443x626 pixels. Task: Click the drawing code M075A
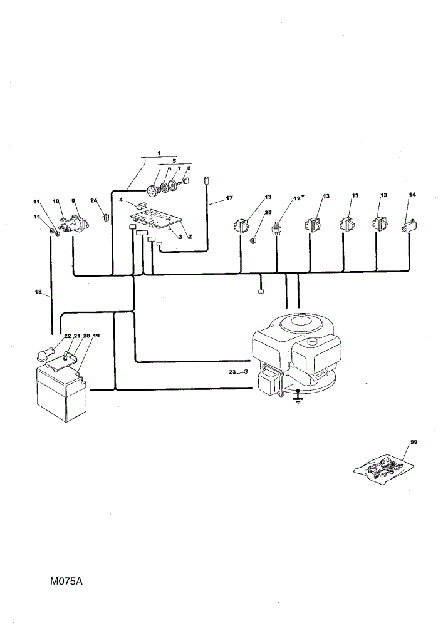click(x=66, y=581)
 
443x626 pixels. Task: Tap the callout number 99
click(x=414, y=443)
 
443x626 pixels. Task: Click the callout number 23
click(x=232, y=372)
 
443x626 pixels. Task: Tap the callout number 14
click(x=413, y=195)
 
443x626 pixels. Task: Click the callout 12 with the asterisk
click(x=297, y=198)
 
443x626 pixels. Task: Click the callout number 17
click(x=229, y=198)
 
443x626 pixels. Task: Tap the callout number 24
click(x=94, y=200)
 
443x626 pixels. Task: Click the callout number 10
click(x=56, y=201)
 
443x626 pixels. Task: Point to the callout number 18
click(x=38, y=292)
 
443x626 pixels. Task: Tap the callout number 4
click(x=121, y=200)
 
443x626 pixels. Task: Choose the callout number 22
click(x=68, y=336)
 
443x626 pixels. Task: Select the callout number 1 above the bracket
click(x=159, y=153)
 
